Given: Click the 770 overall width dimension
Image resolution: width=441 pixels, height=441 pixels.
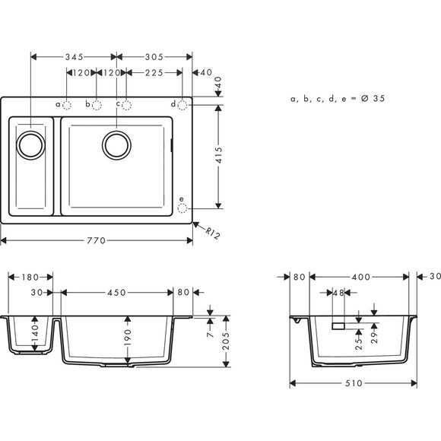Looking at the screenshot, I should (97, 240).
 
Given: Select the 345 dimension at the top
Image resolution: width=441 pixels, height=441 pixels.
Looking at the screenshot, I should (74, 57).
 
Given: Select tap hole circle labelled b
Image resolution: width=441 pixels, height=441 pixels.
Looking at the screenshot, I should (97, 104).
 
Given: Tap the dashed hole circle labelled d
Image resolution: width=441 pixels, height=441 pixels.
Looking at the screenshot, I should (182, 104).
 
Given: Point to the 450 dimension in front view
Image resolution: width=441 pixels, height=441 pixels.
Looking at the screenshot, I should (116, 292).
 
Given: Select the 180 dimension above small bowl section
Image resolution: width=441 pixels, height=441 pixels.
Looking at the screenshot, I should (31, 278).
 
